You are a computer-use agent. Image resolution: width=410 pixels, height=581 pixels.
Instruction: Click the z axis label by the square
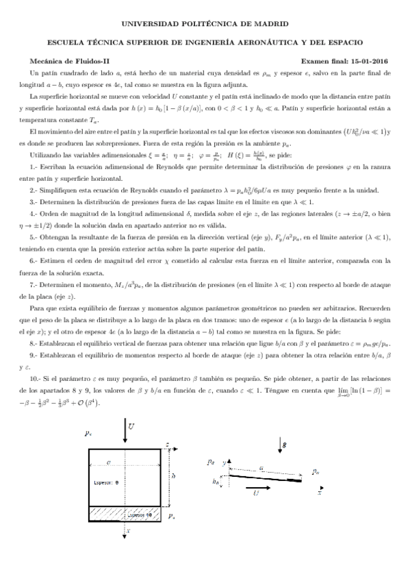[167, 445]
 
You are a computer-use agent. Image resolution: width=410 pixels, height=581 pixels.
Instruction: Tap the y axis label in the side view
[224, 464]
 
